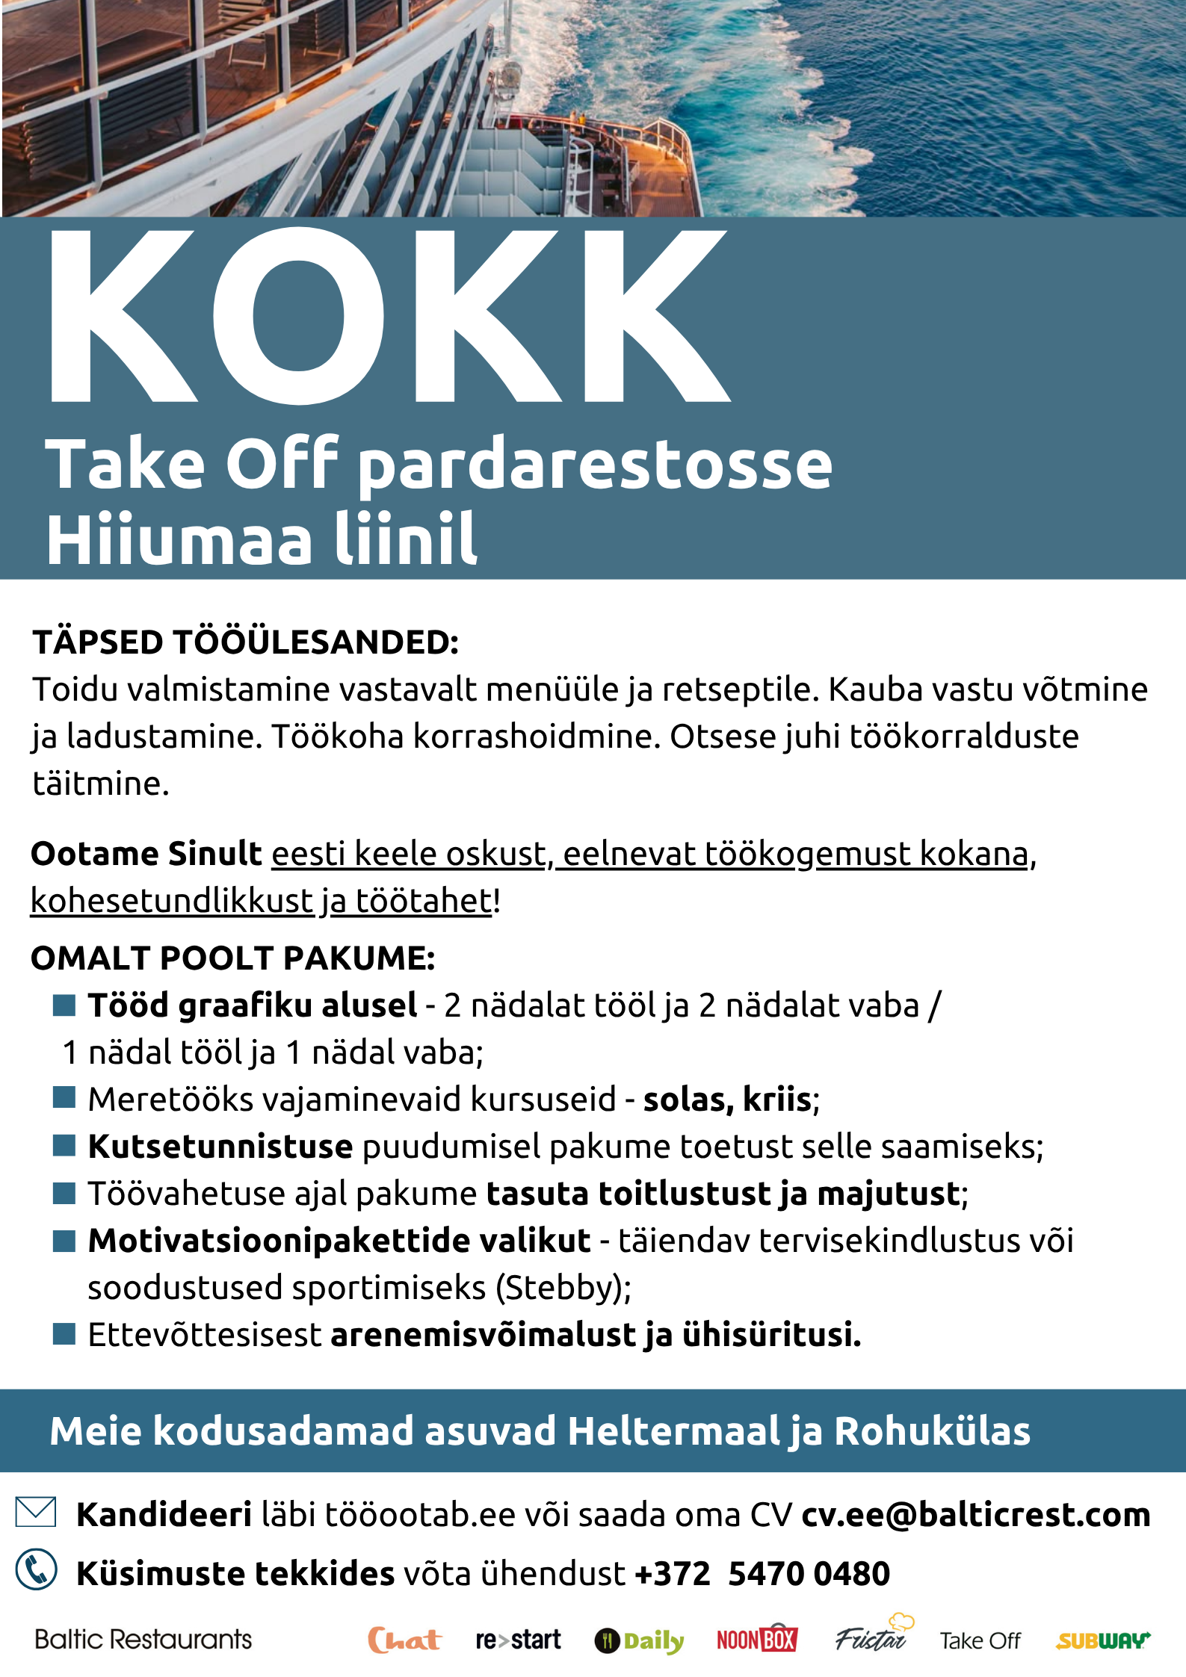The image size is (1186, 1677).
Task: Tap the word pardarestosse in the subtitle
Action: (595, 465)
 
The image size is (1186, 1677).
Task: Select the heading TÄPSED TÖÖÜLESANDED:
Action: (245, 642)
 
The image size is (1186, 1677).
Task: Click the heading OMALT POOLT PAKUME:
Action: (232, 958)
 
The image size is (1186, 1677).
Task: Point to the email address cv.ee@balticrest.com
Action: (975, 1515)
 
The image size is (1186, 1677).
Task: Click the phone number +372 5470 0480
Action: (762, 1573)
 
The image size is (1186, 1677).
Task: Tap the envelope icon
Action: (36, 1512)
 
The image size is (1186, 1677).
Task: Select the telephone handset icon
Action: (36, 1569)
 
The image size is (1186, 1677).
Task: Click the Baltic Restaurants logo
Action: (143, 1640)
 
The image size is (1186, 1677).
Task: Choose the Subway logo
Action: (1103, 1640)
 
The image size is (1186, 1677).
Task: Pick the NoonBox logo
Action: (757, 1640)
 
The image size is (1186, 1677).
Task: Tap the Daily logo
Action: (640, 1641)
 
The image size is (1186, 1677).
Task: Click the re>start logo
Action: (518, 1640)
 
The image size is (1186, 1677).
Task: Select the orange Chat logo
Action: (404, 1640)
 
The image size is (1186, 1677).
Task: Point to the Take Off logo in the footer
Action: (980, 1641)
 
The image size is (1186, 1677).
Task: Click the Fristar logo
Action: (871, 1637)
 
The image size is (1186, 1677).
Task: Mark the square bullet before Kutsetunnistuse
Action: (64, 1146)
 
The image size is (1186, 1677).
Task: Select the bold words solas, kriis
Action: (727, 1100)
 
